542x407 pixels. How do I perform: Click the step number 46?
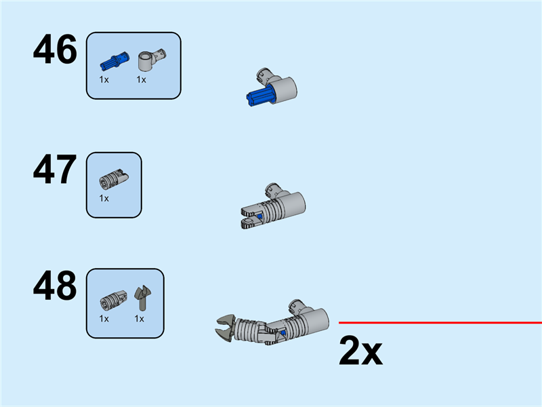click(55, 50)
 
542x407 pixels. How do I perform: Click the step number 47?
click(55, 170)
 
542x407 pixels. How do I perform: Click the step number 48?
click(55, 286)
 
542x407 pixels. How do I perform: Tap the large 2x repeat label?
click(360, 351)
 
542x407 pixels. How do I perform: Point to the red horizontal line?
click(440, 323)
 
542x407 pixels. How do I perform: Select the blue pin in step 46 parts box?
click(114, 61)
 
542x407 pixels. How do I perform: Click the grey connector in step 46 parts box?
click(152, 59)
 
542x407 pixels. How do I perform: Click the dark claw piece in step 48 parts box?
click(142, 298)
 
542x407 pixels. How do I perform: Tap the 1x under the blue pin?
click(104, 80)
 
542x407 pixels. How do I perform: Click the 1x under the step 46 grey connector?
click(142, 80)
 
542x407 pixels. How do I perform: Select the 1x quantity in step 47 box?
click(104, 198)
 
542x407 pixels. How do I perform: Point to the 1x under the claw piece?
click(140, 319)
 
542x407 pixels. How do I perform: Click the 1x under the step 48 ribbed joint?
click(104, 319)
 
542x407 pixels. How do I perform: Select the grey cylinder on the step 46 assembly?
click(284, 90)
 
